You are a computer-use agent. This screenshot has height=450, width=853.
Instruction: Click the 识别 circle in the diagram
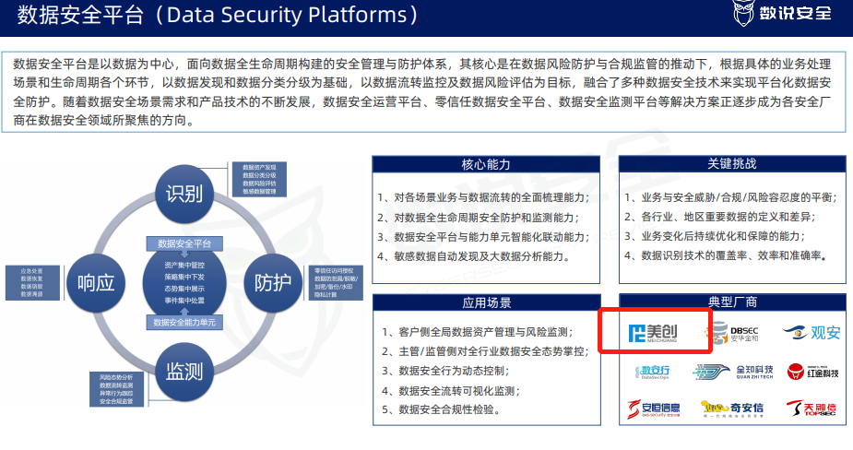[183, 194]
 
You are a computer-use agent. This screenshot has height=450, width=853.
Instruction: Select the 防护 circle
[273, 282]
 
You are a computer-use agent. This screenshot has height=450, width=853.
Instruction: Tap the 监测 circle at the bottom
[184, 371]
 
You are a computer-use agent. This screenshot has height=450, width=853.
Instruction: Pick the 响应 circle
[96, 282]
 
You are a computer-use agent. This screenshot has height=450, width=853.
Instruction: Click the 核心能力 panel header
[486, 164]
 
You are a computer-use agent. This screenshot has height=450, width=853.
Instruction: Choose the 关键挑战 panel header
[731, 164]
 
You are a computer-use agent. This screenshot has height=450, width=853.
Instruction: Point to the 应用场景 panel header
[486, 302]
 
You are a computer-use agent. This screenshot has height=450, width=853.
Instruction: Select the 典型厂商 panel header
[731, 302]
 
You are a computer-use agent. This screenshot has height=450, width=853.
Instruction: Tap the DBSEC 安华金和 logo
[734, 332]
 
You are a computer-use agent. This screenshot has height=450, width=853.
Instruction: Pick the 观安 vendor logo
[812, 332]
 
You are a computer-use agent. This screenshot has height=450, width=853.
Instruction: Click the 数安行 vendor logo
[656, 371]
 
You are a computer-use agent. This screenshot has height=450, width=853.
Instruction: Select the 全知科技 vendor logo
[734, 371]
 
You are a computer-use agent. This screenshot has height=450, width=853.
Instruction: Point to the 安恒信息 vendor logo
[654, 408]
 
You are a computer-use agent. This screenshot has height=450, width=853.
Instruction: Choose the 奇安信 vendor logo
[734, 408]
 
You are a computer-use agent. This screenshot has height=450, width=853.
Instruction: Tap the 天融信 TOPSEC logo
[812, 408]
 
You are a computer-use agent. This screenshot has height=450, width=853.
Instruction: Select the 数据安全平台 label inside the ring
[184, 244]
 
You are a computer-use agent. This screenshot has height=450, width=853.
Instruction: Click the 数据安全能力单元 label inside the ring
[184, 323]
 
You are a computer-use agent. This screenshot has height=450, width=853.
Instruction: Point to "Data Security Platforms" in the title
[297, 15]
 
